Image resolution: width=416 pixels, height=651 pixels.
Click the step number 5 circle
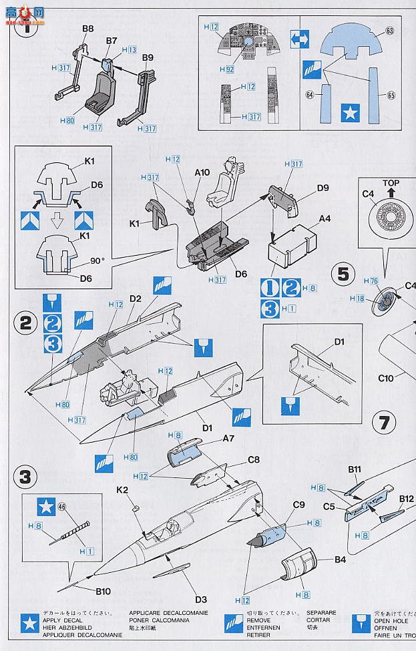[x=343, y=273]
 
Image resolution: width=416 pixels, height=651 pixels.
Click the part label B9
[x=148, y=58]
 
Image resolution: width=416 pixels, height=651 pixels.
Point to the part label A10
[x=202, y=172]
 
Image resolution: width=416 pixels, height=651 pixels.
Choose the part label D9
[x=323, y=188]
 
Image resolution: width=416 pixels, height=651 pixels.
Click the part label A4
[x=325, y=218]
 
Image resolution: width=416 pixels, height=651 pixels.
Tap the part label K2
[x=122, y=489]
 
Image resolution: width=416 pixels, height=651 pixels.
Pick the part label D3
[x=201, y=599]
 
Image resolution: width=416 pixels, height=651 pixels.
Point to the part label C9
[x=298, y=505]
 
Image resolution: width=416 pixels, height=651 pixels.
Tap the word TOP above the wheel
[x=391, y=183]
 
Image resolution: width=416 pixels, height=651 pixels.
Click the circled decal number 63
[x=390, y=31]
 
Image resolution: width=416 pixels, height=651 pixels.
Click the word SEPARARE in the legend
[x=321, y=612]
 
